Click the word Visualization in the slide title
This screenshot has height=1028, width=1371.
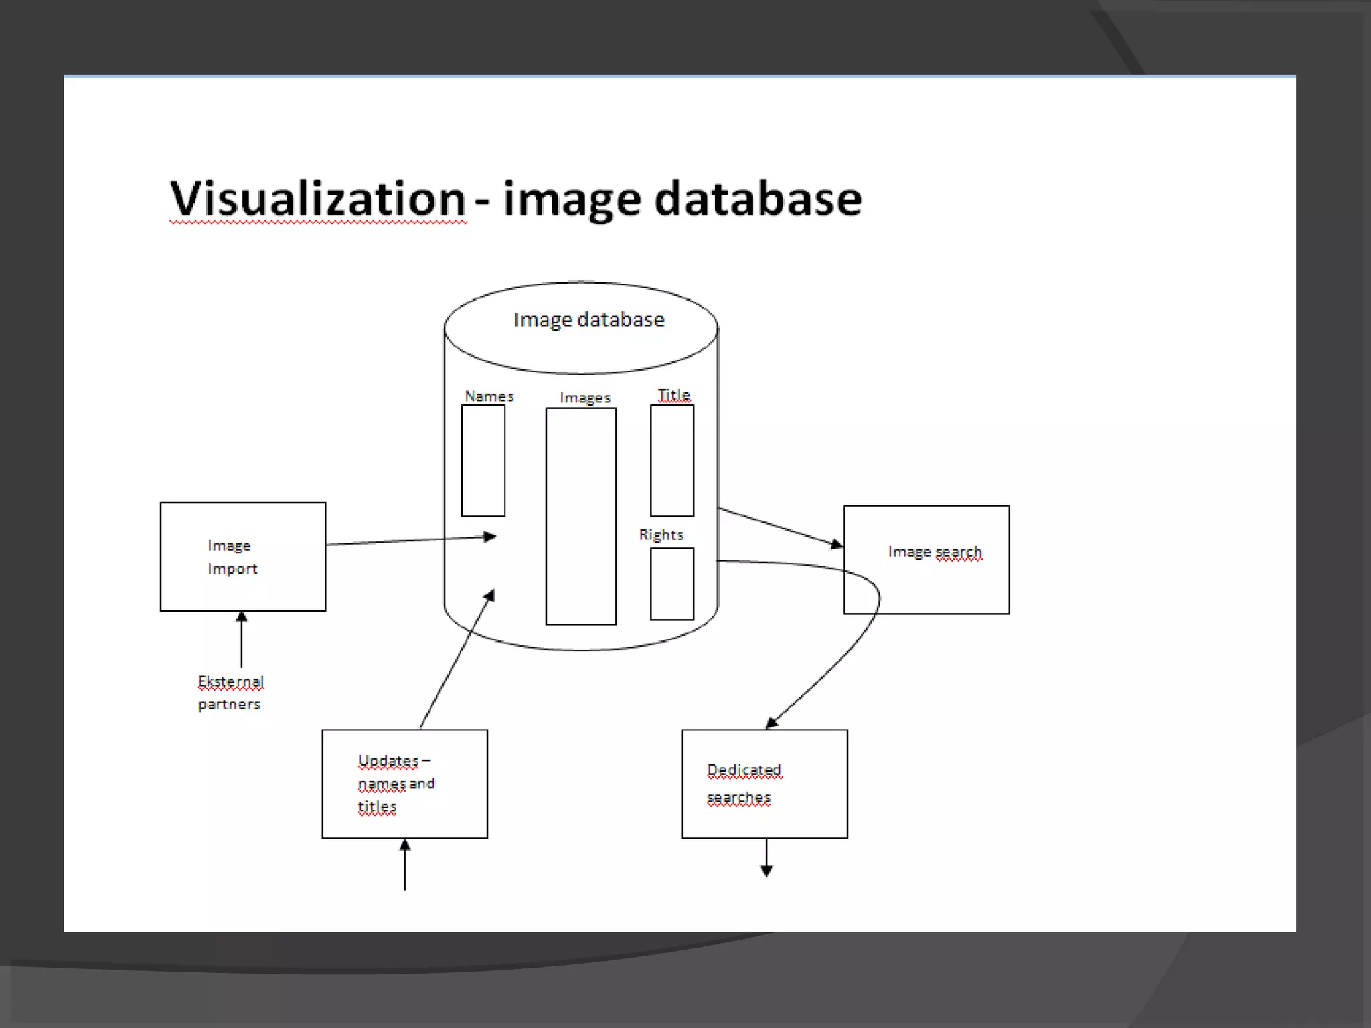coord(317,199)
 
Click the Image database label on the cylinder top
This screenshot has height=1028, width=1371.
coord(588,320)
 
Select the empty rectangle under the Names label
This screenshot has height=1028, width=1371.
coord(483,460)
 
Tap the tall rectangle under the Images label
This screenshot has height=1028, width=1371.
coord(580,516)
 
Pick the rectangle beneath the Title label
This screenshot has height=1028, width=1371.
coord(671,460)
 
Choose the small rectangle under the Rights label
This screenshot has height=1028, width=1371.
coord(671,584)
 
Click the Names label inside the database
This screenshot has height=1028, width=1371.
coord(489,396)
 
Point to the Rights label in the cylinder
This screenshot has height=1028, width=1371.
coord(661,535)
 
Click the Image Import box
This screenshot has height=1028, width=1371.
coord(243,557)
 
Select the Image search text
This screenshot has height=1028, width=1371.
coord(935,552)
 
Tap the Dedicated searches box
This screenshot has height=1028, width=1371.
coord(764,784)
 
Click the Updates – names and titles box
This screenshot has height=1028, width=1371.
coord(404,784)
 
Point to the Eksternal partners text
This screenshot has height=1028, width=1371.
coord(230,693)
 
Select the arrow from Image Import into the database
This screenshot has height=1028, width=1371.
coord(410,540)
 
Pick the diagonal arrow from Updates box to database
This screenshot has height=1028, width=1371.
coord(457,659)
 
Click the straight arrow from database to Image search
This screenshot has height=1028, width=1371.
coord(780,527)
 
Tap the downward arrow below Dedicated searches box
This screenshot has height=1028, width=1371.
coord(767,858)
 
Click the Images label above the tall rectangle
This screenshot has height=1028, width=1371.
coord(585,398)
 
